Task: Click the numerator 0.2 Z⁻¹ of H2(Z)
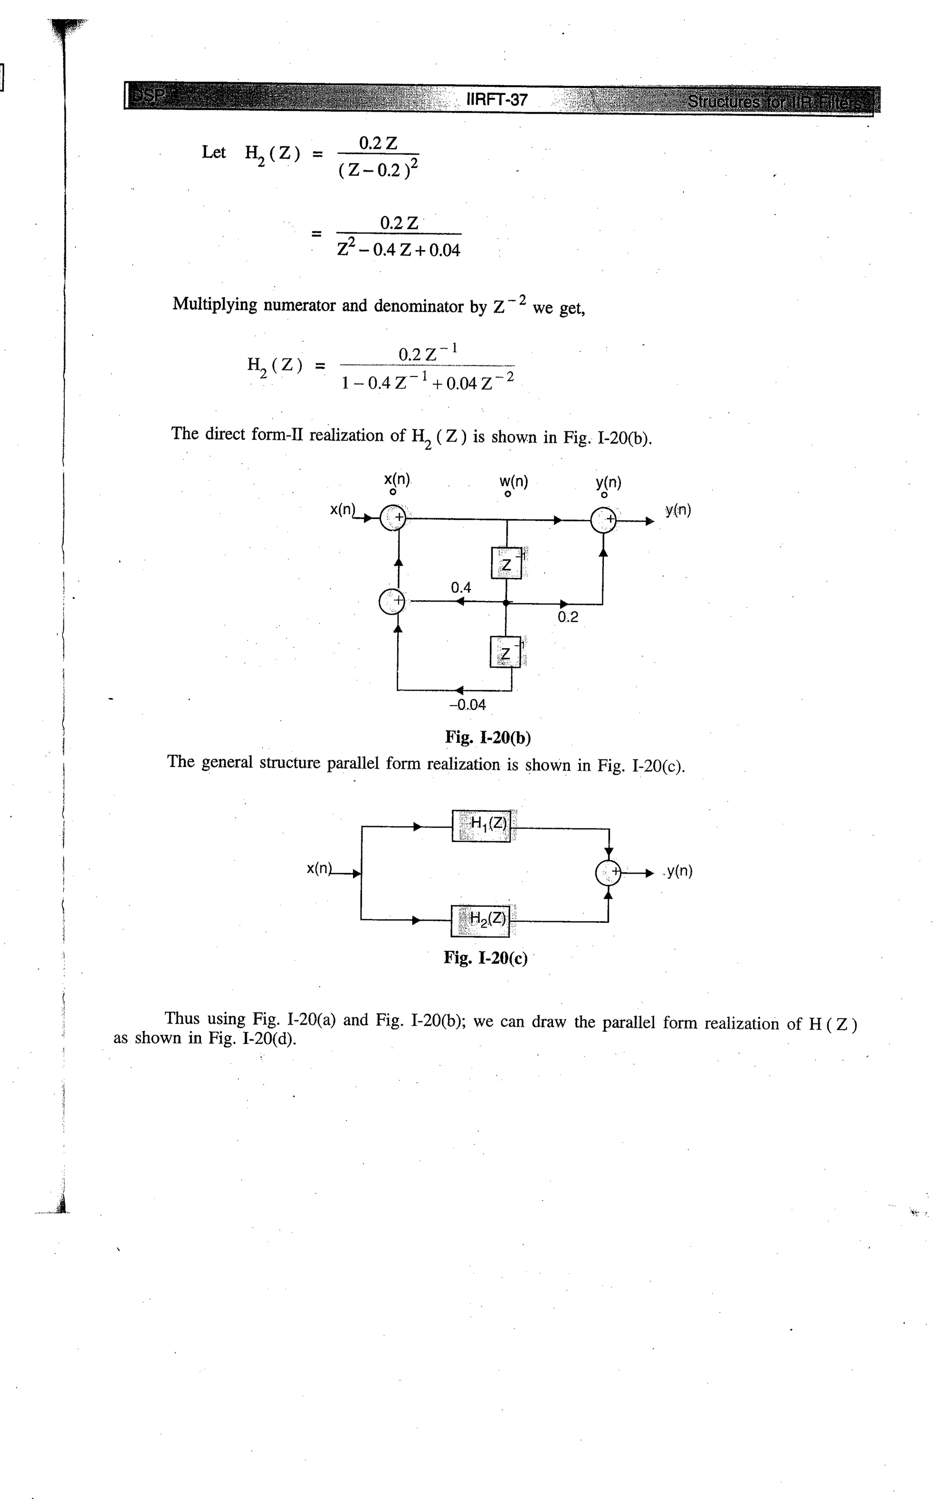point(427,354)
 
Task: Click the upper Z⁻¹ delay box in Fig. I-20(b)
point(506,563)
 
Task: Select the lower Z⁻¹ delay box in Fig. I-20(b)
point(505,652)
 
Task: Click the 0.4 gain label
point(461,588)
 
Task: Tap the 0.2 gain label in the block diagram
point(567,617)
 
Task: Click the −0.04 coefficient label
point(467,705)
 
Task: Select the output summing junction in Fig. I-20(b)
point(604,520)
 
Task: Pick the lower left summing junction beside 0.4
point(391,602)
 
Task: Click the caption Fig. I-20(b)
point(488,738)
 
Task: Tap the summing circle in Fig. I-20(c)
point(608,873)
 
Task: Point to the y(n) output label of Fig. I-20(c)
point(680,872)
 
